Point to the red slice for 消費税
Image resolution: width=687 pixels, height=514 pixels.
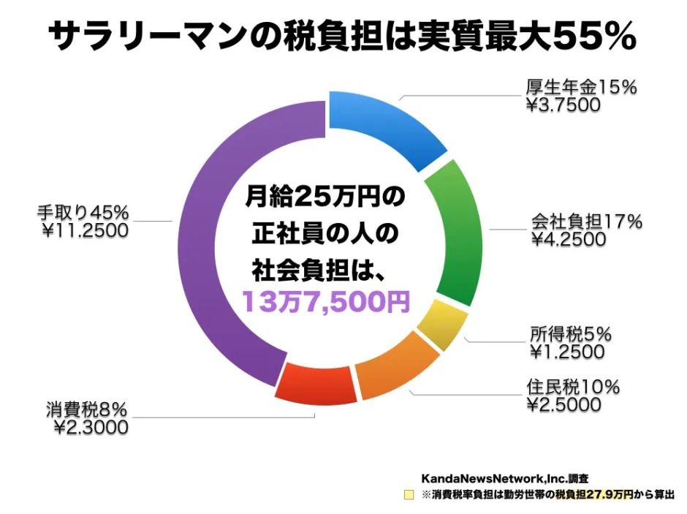click(319, 383)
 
